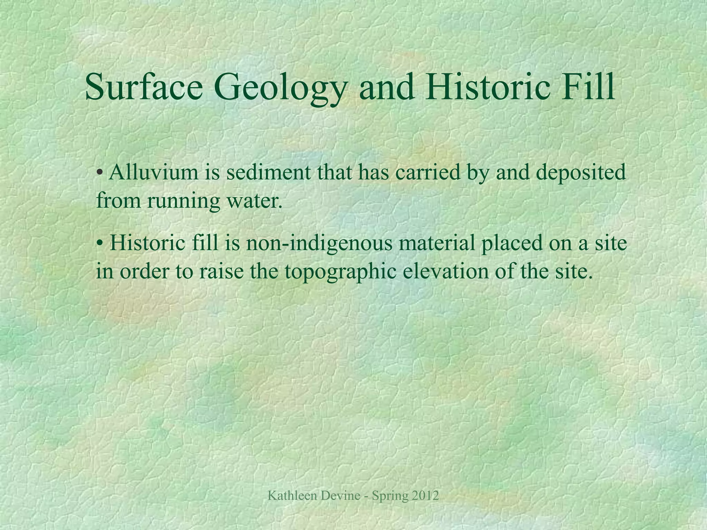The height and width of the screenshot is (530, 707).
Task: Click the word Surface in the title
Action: (144, 87)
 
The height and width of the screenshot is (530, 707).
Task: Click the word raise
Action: (221, 272)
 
